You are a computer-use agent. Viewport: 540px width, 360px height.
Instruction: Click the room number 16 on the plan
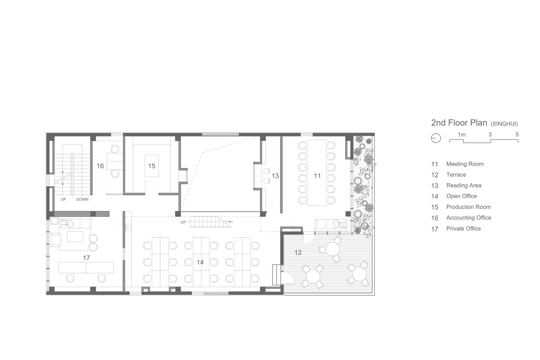click(x=100, y=166)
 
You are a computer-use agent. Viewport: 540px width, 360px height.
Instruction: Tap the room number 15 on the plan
click(x=152, y=166)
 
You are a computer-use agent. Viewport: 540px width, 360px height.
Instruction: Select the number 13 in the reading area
click(x=275, y=176)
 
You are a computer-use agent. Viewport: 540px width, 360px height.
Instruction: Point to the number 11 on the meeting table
click(x=317, y=176)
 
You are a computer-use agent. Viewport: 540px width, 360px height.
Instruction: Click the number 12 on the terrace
click(x=298, y=252)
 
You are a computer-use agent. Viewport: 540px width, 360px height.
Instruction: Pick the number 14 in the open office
click(x=200, y=262)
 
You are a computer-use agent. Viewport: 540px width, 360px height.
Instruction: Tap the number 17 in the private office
click(x=86, y=258)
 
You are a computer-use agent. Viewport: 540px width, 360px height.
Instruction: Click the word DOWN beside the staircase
click(x=82, y=199)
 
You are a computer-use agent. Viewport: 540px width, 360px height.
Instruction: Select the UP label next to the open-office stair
click(x=183, y=222)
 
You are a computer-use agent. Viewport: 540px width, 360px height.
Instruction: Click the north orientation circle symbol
click(x=436, y=138)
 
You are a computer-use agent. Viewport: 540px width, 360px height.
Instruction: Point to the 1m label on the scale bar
click(x=462, y=135)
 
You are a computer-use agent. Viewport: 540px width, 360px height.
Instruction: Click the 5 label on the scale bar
click(x=517, y=135)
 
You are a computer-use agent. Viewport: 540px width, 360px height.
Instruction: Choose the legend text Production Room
click(x=468, y=207)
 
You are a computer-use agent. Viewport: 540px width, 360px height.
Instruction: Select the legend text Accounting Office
click(x=469, y=218)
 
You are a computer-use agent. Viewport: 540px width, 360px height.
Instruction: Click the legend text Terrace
click(x=456, y=175)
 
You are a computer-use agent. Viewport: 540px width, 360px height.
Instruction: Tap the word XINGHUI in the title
click(x=504, y=124)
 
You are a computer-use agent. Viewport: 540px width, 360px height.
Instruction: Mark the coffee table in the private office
click(x=75, y=236)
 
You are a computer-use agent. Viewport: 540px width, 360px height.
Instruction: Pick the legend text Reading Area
click(x=464, y=185)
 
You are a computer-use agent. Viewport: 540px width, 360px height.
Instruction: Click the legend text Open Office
click(x=462, y=196)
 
